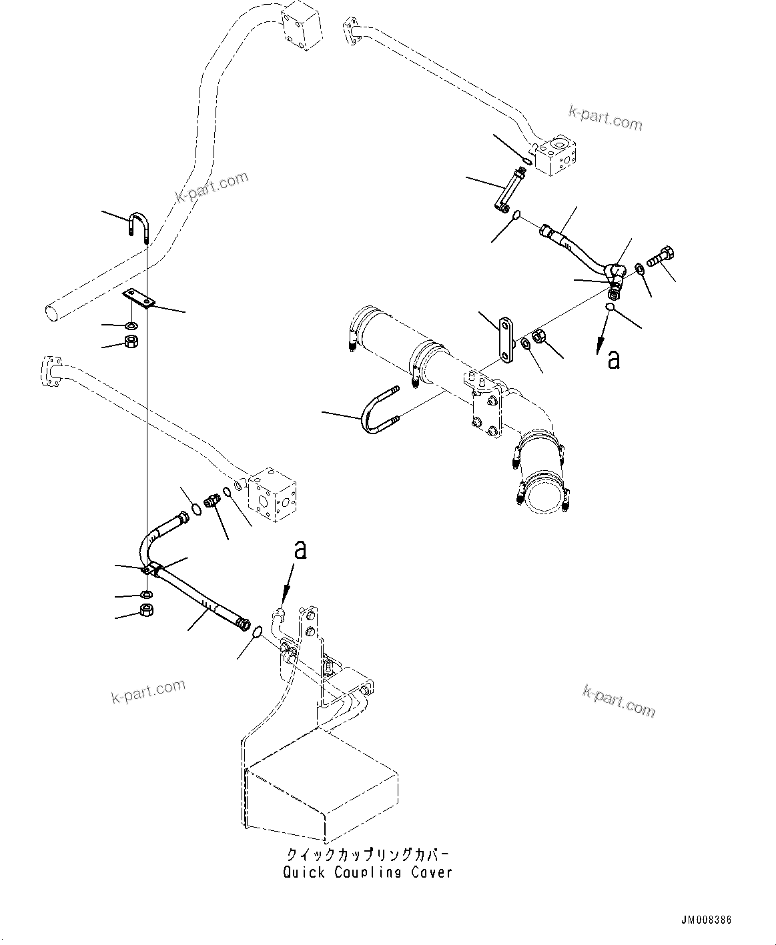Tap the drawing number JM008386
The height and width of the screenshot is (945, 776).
(705, 920)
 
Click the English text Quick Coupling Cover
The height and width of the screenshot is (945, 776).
(368, 872)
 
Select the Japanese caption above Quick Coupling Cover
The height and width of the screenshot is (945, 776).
(368, 855)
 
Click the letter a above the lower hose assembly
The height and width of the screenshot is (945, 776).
(301, 550)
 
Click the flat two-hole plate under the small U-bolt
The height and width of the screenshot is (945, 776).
(138, 299)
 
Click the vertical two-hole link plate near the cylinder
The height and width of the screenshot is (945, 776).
(506, 341)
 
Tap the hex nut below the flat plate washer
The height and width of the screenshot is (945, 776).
(132, 343)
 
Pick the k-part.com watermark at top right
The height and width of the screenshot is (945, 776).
(605, 119)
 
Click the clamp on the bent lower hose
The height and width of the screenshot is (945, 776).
(153, 570)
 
